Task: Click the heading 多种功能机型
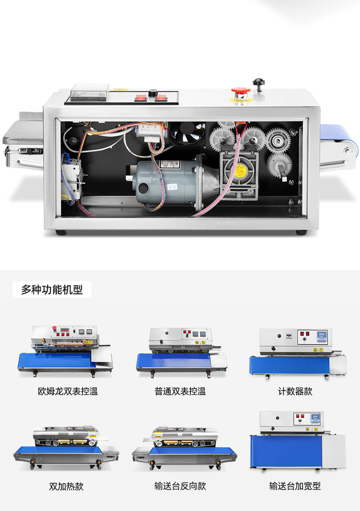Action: point(52,290)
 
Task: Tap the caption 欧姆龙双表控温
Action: point(68,391)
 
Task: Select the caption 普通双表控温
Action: point(180,391)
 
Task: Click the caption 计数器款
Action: point(295,391)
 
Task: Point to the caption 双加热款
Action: point(67,486)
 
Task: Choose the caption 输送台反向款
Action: point(180,486)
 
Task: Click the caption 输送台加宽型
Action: point(295,486)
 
